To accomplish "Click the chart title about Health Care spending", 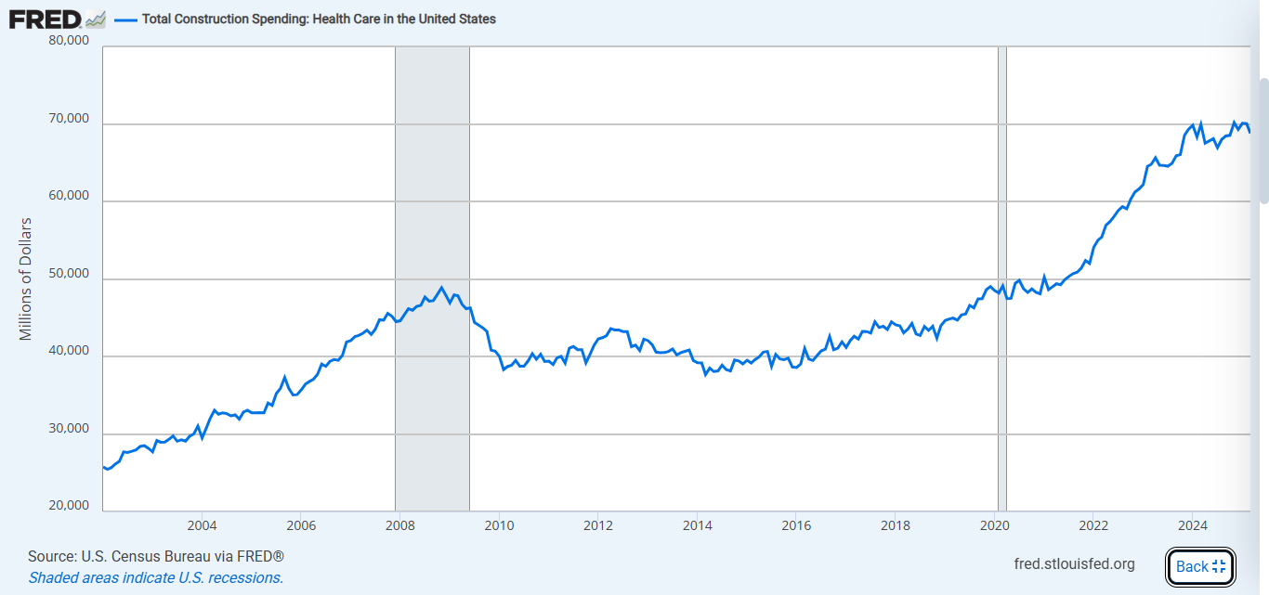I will click(x=319, y=19).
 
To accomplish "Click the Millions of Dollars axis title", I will click(x=26, y=278).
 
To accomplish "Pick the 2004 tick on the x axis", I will click(x=202, y=525).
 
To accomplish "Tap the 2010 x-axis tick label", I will click(x=499, y=525).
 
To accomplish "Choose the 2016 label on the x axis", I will click(x=796, y=525).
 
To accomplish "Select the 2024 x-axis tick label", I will click(x=1192, y=525).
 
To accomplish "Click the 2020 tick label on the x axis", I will click(x=994, y=525).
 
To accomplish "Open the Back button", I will click(x=1200, y=566).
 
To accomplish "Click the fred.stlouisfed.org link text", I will click(x=1076, y=564).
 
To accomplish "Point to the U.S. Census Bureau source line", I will click(x=155, y=557).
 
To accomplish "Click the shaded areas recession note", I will click(x=155, y=577).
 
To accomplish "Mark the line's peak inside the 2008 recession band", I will click(x=442, y=288).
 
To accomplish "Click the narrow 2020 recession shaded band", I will click(x=1002, y=371).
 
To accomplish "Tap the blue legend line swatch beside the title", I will click(x=125, y=19).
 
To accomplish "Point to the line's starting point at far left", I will click(x=103, y=467).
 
